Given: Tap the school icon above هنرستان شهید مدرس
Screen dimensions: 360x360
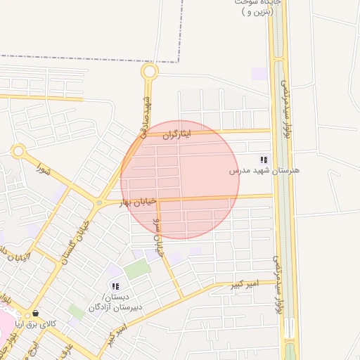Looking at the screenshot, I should [264, 160].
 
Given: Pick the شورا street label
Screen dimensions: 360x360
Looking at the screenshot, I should [44, 167].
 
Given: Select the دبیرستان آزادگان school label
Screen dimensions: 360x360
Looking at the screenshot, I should [115, 302].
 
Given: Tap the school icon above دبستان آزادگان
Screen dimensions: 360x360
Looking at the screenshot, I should [115, 286].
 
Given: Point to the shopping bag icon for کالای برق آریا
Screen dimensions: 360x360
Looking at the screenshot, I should [35, 314].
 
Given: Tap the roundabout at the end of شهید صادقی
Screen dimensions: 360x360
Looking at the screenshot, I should [148, 71].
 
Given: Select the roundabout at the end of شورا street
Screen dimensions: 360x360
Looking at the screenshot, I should [18, 150].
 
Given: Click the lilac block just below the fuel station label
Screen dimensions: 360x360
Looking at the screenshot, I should [260, 73].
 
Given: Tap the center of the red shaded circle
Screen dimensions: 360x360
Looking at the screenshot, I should [180, 179].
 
